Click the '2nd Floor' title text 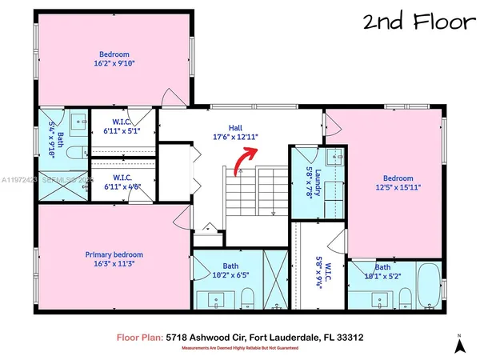[417, 21]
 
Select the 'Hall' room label [235, 127]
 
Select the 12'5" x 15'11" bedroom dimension [397, 187]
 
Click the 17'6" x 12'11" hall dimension [235, 137]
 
